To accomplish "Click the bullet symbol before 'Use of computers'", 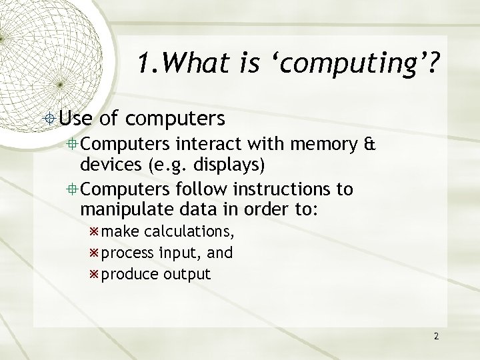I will tap(51, 119).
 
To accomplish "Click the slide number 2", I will tap(436, 336).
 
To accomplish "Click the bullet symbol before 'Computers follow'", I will tap(74, 190).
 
